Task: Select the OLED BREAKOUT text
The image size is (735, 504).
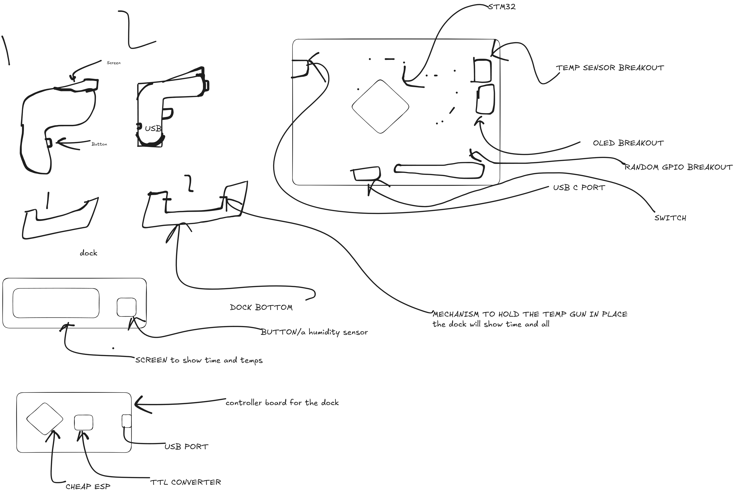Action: click(628, 143)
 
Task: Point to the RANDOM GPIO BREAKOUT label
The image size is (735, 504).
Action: click(678, 167)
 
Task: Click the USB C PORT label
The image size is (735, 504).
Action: click(579, 188)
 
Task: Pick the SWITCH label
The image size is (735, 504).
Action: click(670, 218)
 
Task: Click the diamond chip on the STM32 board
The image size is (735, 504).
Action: click(380, 107)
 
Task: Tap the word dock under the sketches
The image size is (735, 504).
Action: click(88, 253)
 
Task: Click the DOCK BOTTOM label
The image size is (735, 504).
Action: click(261, 307)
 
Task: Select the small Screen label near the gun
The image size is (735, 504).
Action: click(114, 63)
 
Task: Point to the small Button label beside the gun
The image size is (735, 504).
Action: click(99, 144)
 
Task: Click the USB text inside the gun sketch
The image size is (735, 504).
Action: click(153, 129)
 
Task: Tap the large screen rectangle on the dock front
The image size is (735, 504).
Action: click(56, 303)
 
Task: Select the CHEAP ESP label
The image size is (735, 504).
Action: click(88, 487)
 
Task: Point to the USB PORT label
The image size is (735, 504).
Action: click(186, 447)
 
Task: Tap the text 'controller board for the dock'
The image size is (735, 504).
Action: click(282, 403)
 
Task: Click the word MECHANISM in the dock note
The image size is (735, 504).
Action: click(456, 314)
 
